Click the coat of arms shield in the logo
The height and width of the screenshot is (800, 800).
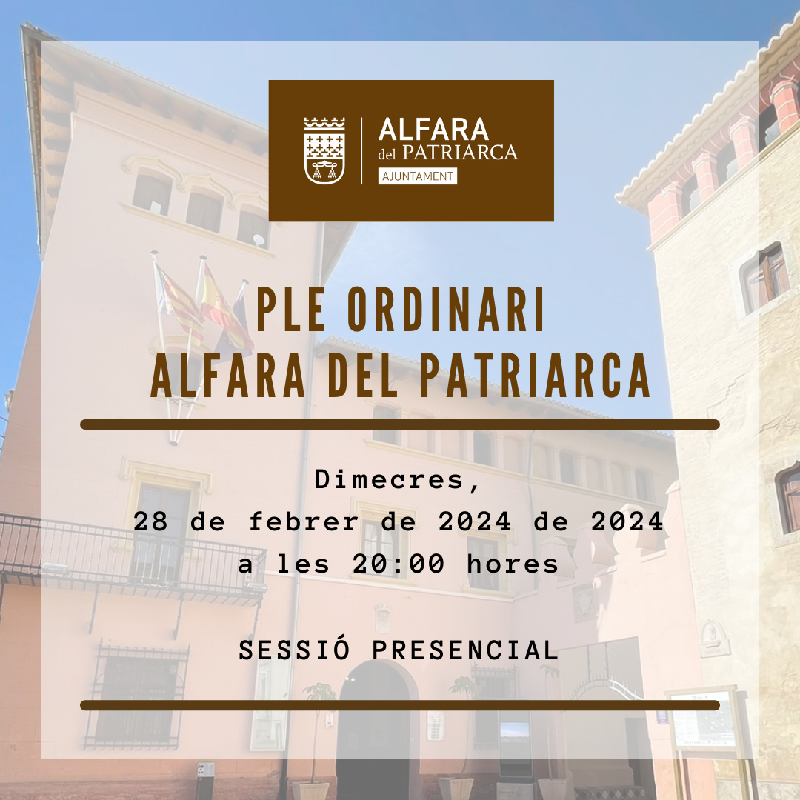[x=324, y=151]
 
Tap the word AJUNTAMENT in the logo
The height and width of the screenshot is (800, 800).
[x=418, y=176]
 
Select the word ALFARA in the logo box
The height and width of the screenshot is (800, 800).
[x=433, y=130]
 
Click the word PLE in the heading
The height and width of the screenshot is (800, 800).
[x=290, y=310]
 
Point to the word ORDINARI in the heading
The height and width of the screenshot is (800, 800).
[x=446, y=310]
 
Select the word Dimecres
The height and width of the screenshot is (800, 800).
[x=390, y=479]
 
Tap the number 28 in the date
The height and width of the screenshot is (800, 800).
[x=150, y=521]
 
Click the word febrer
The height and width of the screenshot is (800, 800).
[x=304, y=521]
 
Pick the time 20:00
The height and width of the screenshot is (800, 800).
[x=398, y=564]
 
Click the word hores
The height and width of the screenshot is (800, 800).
[x=513, y=564]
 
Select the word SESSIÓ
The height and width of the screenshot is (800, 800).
[x=294, y=649]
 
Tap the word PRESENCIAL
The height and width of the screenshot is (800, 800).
[x=465, y=650]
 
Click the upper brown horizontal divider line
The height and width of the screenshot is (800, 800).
[x=400, y=424]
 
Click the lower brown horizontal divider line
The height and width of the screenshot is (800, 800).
[x=400, y=705]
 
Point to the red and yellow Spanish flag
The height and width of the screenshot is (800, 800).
[x=224, y=311]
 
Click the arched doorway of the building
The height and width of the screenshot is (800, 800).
[x=378, y=730]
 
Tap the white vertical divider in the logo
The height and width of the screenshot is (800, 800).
[x=361, y=151]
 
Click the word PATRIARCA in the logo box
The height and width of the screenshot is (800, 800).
[x=460, y=153]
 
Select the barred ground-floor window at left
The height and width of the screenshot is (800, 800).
[x=137, y=696]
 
